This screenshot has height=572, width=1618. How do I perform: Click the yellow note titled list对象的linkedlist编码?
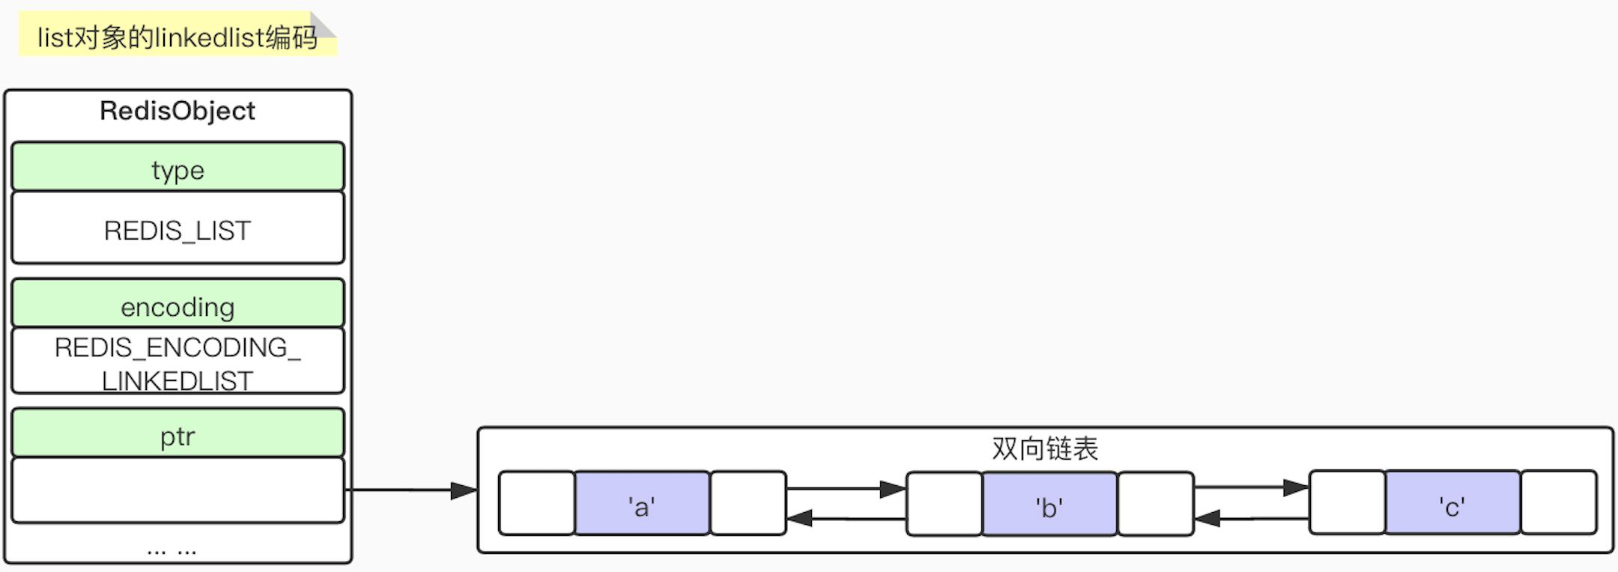[x=178, y=36]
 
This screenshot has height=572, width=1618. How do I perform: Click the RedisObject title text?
[x=178, y=111]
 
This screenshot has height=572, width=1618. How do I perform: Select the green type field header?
[x=178, y=166]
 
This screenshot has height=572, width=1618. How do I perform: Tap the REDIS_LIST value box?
[x=178, y=228]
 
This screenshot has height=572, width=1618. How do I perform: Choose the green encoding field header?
[x=178, y=303]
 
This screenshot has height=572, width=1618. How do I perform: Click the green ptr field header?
[x=178, y=433]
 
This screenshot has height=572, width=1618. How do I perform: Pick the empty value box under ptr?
[x=178, y=490]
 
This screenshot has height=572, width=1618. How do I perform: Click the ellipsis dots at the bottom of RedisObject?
[x=172, y=551]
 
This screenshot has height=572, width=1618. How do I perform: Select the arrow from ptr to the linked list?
[x=412, y=490]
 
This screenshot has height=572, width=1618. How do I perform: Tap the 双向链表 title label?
[x=1045, y=448]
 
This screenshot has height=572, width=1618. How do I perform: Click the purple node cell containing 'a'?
[x=642, y=503]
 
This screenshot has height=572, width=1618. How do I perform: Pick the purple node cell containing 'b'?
[x=1049, y=504]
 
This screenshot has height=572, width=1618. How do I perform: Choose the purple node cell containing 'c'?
[x=1452, y=502]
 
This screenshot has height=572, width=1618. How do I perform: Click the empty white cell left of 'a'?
[x=537, y=503]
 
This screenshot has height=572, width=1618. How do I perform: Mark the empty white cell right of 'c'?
[x=1559, y=502]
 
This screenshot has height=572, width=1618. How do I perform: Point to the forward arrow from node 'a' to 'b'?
[x=846, y=489]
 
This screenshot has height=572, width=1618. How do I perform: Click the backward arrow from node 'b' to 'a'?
[x=846, y=518]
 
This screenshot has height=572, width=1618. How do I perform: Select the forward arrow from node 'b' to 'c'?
[x=1251, y=487]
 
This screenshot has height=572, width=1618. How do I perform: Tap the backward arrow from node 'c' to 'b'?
[x=1251, y=517]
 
